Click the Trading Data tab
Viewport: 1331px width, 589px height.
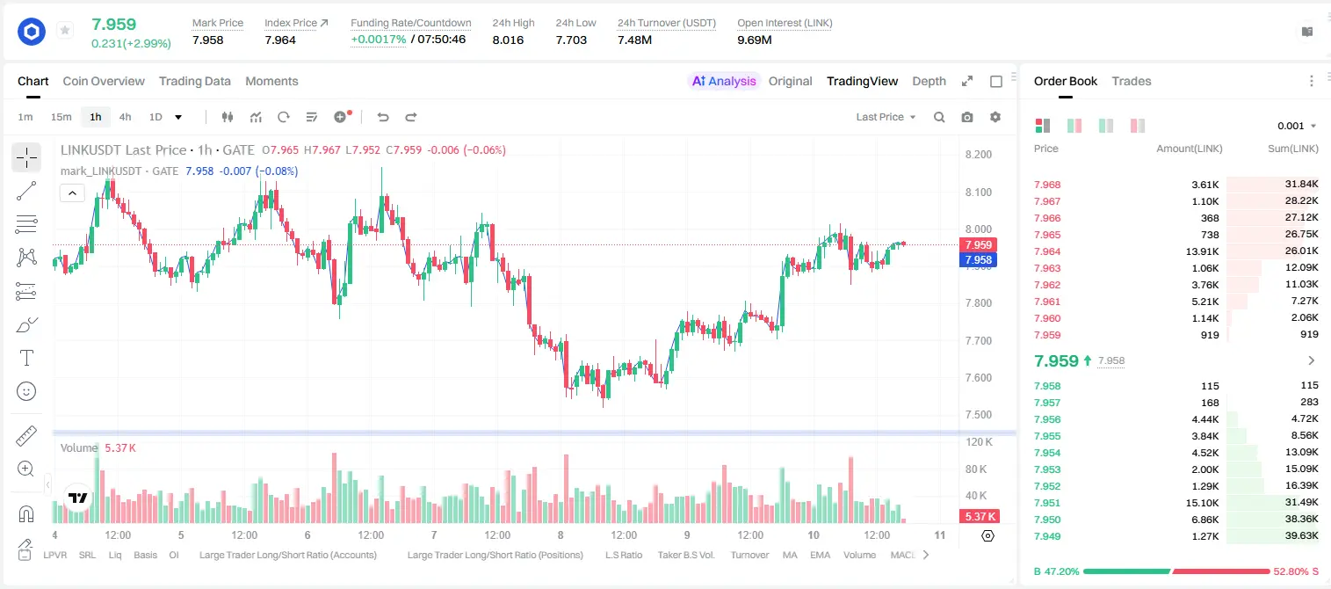pos(194,82)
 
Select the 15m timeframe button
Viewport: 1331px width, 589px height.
pos(61,117)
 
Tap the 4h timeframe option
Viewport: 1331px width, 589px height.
pos(125,117)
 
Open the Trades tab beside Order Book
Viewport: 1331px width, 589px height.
pos(1132,82)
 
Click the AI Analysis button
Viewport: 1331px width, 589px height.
pos(724,82)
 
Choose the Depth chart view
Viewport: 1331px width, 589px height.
pos(929,82)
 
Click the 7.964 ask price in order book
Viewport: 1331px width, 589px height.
pos(1047,251)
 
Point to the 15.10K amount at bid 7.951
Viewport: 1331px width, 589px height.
pos(1202,503)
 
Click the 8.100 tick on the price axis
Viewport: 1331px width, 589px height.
pos(979,192)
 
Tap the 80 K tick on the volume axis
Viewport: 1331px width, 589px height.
pos(976,469)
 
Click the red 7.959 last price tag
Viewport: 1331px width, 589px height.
pos(978,245)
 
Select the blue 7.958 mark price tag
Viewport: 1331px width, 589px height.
pos(978,259)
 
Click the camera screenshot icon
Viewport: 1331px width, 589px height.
pos(967,117)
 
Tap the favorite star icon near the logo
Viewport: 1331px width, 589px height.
pos(65,30)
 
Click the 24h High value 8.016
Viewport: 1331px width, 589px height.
pos(508,40)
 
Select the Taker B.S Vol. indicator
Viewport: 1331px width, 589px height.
pos(685,555)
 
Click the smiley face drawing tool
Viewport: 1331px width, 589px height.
pos(26,391)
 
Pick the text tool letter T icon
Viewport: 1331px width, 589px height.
pos(26,358)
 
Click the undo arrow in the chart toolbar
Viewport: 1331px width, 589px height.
pos(383,117)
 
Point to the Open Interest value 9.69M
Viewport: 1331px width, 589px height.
pos(755,40)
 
